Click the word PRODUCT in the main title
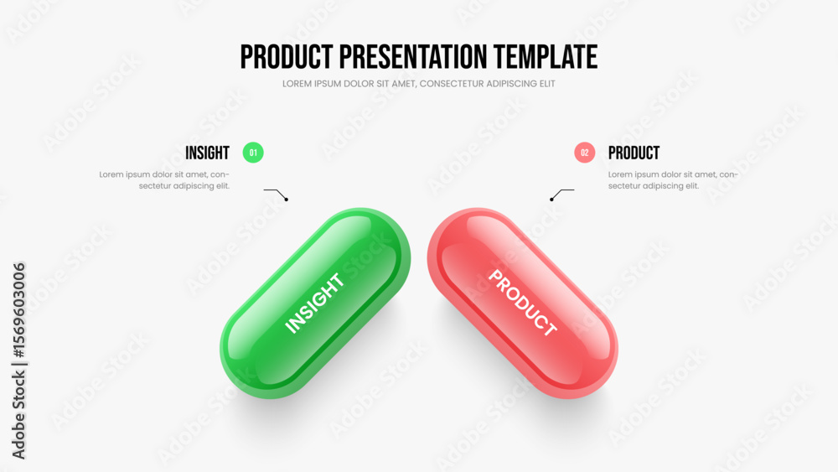click(x=287, y=57)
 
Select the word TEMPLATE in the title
click(x=546, y=57)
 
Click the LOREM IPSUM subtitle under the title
click(x=418, y=84)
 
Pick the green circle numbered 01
click(x=253, y=153)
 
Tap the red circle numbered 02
click(x=585, y=153)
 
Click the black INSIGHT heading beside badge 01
click(x=207, y=153)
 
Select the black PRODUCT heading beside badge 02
click(x=634, y=153)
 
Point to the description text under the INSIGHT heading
click(x=164, y=180)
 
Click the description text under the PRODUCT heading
click(x=673, y=180)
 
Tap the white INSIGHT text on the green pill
click(x=314, y=303)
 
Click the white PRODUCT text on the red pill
click(x=523, y=303)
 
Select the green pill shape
click(x=315, y=303)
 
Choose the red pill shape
click(x=523, y=303)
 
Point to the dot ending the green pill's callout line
click(x=287, y=200)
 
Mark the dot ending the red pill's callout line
click(x=551, y=200)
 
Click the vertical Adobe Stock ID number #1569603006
click(x=18, y=310)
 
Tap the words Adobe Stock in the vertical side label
click(x=18, y=415)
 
